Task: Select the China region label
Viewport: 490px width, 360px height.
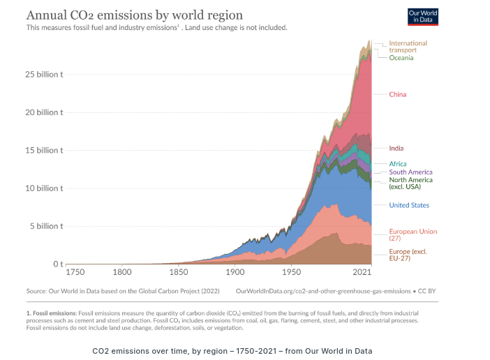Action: (397, 94)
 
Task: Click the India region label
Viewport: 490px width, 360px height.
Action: (396, 148)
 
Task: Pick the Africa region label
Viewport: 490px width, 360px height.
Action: (397, 164)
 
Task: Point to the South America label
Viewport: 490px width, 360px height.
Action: (410, 172)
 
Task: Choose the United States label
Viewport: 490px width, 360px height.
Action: (409, 205)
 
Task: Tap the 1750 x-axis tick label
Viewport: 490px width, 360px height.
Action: (75, 272)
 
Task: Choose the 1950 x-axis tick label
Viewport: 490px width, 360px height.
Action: (291, 272)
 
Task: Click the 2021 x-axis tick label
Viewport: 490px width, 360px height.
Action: (362, 272)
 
